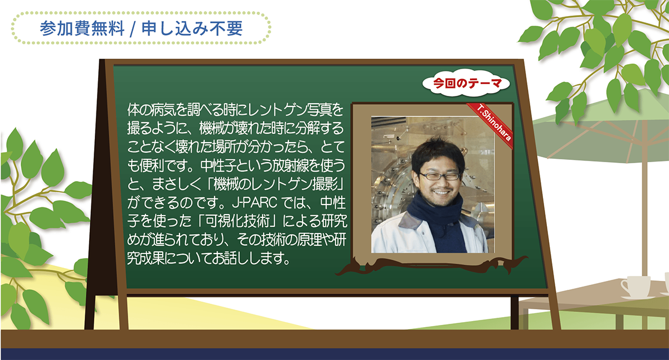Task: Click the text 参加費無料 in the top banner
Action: (x=82, y=28)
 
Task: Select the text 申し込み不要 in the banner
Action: (x=192, y=28)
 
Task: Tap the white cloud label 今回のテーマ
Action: (x=467, y=83)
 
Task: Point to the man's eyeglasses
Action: (x=440, y=176)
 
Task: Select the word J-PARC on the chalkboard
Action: (x=255, y=203)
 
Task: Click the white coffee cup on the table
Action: (x=636, y=287)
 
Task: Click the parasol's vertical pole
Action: (x=644, y=209)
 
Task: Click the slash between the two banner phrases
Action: (x=133, y=29)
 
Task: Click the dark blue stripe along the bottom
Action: (x=334, y=354)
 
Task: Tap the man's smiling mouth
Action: (x=439, y=192)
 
